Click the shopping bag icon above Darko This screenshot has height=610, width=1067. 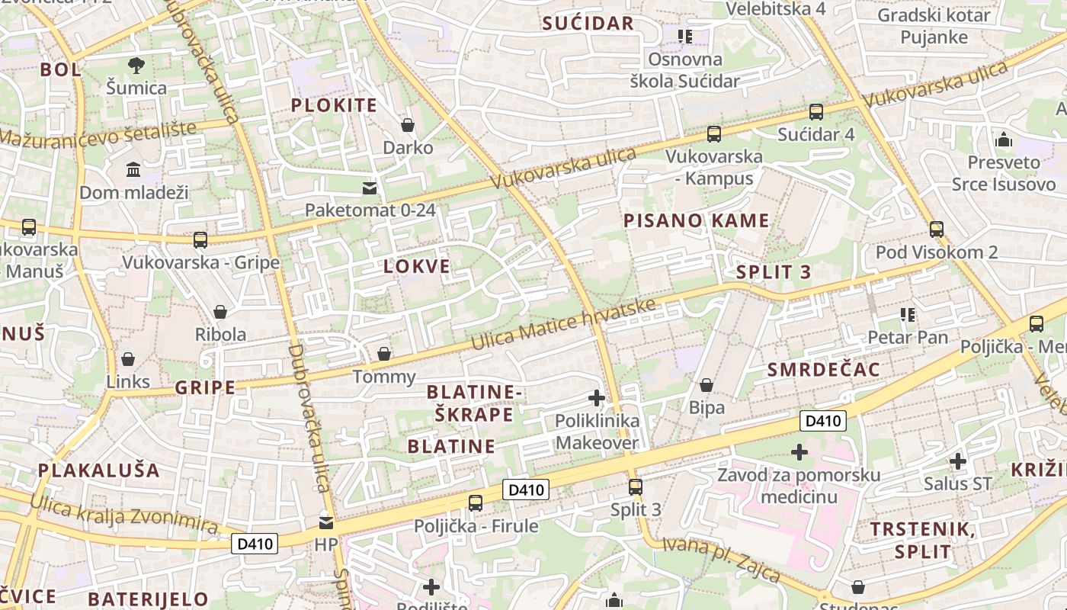(x=408, y=125)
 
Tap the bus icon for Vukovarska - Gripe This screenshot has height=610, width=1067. (x=200, y=240)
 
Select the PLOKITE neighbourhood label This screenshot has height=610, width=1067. (x=334, y=105)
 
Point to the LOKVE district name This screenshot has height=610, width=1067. (x=417, y=267)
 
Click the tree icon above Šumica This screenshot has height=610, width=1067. (x=136, y=66)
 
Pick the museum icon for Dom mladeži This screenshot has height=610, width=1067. (x=133, y=169)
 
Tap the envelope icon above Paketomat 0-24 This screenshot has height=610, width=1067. (x=370, y=188)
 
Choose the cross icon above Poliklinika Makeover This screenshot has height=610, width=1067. (x=597, y=398)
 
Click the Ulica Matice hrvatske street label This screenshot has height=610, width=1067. (x=563, y=324)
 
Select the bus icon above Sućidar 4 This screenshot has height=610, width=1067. (x=816, y=112)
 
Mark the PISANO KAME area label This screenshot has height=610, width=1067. (x=697, y=221)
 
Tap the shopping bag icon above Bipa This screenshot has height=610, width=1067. (x=707, y=385)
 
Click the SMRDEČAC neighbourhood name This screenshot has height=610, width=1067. (x=824, y=370)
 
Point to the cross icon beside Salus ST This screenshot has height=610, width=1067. (x=958, y=461)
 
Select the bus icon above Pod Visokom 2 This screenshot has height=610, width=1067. (x=937, y=230)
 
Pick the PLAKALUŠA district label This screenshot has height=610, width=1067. (x=99, y=470)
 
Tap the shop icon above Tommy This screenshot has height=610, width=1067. (x=384, y=355)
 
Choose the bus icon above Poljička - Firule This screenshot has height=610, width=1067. (x=476, y=503)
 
